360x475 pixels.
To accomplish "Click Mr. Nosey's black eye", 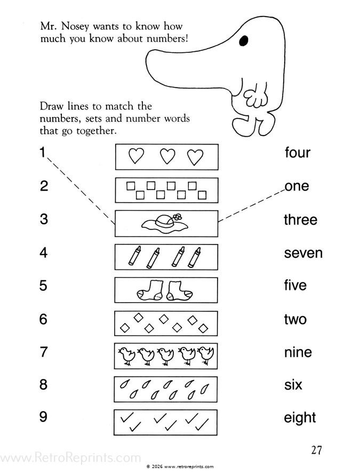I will click(x=244, y=40).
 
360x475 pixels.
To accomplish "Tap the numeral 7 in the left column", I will click(x=44, y=353).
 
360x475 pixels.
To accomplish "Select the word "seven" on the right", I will click(x=303, y=253).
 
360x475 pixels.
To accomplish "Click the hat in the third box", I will click(x=166, y=224).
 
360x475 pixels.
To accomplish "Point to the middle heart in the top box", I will click(x=168, y=156).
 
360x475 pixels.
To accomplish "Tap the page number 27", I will click(x=316, y=450).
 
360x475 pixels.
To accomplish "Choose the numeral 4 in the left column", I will click(x=44, y=252).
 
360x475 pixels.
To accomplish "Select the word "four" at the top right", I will click(x=297, y=153).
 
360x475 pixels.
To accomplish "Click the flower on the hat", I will click(x=178, y=217).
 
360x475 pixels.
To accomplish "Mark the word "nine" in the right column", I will click(x=298, y=353).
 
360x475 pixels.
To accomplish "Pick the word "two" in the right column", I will click(x=295, y=320).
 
